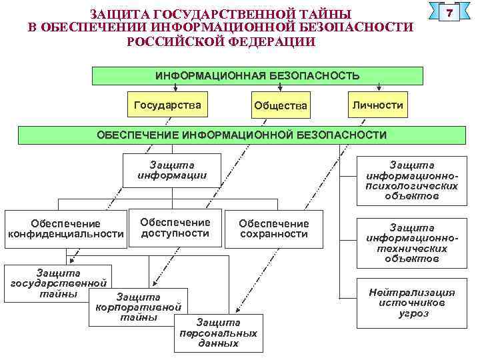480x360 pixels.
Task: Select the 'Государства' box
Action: pos(167,105)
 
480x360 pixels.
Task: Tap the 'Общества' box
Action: pos(280,106)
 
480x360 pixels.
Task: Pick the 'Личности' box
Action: pos(377,105)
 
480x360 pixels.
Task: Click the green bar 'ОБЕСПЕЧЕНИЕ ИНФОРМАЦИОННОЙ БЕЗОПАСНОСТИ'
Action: pos(241,135)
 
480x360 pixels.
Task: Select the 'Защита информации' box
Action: pos(172,171)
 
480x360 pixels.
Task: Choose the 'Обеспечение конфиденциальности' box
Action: pos(65,229)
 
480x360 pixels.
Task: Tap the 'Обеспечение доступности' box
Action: pos(175,227)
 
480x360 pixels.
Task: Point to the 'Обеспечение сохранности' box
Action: pos(273,229)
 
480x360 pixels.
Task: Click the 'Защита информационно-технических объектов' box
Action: pos(411,243)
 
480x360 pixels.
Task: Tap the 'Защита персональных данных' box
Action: pos(218,332)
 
